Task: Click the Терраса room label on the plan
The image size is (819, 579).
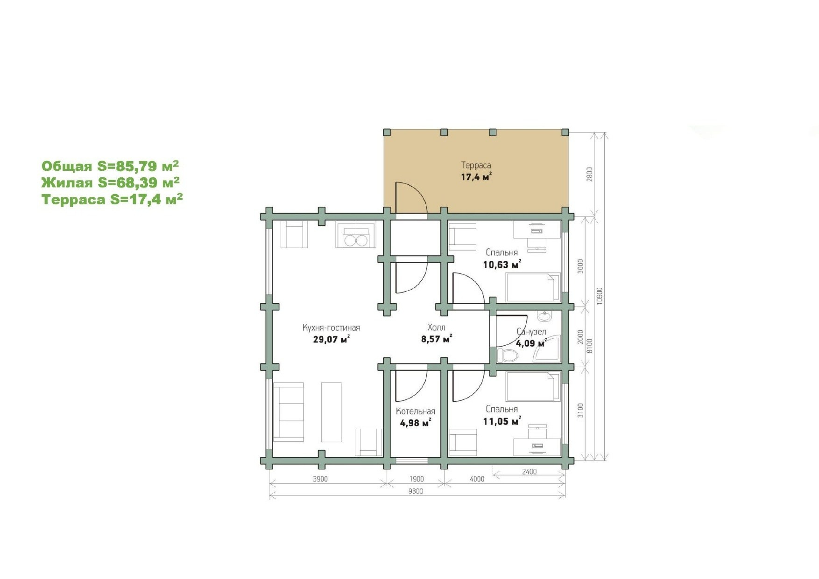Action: click(476, 165)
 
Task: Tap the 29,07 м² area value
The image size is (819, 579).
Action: click(332, 339)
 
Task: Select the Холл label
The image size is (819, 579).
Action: click(437, 328)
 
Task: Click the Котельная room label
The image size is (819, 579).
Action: click(416, 412)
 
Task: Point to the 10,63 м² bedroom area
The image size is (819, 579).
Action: click(502, 265)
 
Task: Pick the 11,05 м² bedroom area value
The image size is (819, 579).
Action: click(502, 422)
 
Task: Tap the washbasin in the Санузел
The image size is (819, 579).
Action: click(544, 316)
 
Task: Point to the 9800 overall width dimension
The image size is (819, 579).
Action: click(415, 491)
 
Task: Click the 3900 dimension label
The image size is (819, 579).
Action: click(320, 479)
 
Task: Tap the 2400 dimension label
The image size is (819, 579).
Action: click(529, 472)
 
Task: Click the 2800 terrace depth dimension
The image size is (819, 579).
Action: click(590, 174)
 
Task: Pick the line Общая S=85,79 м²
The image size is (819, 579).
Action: click(110, 166)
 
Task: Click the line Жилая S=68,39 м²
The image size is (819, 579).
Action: click(111, 182)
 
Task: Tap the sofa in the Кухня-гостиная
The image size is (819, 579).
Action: click(289, 412)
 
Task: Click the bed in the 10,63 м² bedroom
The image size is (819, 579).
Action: click(533, 288)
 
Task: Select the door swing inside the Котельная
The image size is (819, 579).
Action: click(411, 385)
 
